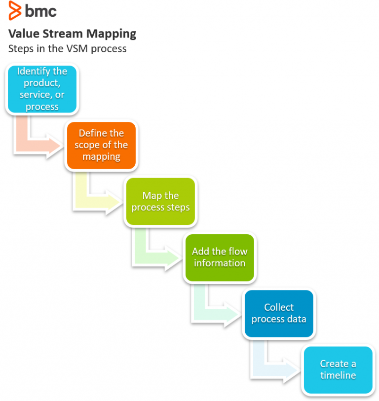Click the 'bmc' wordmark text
click(x=40, y=11)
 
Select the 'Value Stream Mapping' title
click(x=72, y=34)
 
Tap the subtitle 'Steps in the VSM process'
click(x=67, y=48)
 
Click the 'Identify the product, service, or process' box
click(x=42, y=89)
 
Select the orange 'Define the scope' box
click(x=101, y=145)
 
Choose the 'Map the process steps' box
click(x=160, y=201)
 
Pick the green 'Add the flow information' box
click(x=220, y=257)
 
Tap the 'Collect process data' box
click(x=279, y=313)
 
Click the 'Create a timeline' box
click(x=338, y=369)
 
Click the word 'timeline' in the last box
click(x=338, y=375)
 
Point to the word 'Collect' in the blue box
click(x=279, y=307)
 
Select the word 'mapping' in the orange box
click(x=101, y=157)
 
